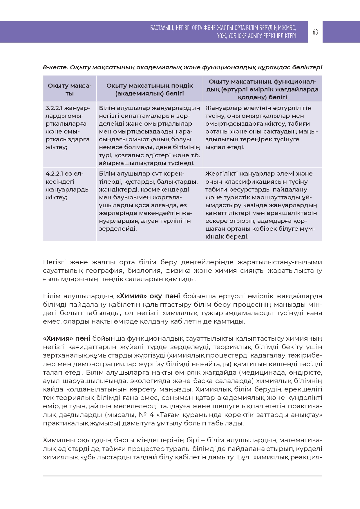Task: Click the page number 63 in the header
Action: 315,32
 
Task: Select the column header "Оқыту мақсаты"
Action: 70,89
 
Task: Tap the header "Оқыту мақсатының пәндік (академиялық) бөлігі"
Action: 149,89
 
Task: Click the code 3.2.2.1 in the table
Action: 54,108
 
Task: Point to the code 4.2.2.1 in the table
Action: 54,174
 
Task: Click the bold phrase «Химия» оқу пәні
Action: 148,296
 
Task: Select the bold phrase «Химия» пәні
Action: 66,339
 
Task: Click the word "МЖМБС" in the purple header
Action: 287,28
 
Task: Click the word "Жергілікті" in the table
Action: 220,174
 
